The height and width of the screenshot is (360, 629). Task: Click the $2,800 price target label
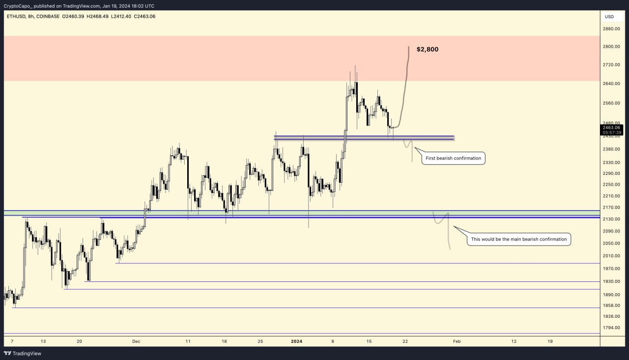click(427, 50)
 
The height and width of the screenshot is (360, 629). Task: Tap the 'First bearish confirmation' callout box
click(453, 158)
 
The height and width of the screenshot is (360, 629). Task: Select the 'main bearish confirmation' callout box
click(518, 240)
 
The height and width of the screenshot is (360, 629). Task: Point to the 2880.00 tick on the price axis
click(611, 29)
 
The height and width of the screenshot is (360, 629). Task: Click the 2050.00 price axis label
click(611, 244)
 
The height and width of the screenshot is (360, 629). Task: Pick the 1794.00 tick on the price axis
click(611, 328)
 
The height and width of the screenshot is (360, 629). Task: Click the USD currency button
click(609, 17)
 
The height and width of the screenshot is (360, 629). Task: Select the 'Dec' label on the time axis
click(136, 341)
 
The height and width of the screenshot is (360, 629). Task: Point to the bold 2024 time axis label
click(296, 341)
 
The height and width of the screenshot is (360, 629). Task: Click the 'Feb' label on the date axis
click(457, 341)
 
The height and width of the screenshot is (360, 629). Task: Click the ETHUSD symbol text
click(17, 17)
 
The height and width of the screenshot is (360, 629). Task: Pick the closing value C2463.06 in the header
click(142, 17)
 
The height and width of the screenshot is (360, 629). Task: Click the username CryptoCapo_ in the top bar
click(17, 6)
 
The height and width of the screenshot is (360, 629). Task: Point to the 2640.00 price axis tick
click(611, 83)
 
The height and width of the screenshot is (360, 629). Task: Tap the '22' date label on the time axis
click(405, 341)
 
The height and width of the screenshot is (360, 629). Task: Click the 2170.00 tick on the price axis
click(611, 208)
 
